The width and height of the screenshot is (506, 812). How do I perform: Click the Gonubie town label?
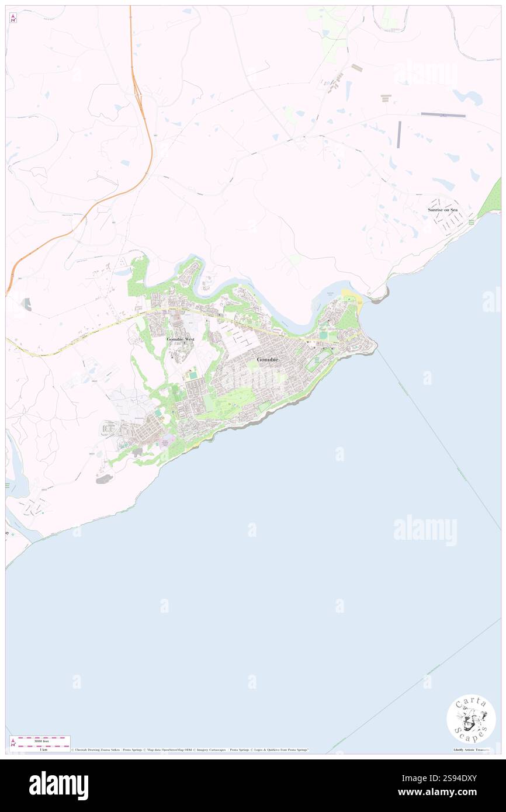point(268,360)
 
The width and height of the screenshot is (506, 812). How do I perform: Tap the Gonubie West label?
point(180,339)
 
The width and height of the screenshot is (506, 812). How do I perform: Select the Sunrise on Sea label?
point(442,209)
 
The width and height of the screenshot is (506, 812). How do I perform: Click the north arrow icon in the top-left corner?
point(13,18)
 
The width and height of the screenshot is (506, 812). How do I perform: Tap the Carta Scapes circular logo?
point(471,719)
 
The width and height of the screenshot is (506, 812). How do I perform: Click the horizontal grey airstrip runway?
point(443,114)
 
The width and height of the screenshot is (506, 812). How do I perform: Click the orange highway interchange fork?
point(137,88)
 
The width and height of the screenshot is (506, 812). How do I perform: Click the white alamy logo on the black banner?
point(58,786)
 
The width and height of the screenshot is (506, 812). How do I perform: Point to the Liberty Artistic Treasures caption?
point(474,749)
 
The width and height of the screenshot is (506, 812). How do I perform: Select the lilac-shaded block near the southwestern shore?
point(168,443)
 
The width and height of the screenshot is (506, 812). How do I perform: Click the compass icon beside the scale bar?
point(13,742)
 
